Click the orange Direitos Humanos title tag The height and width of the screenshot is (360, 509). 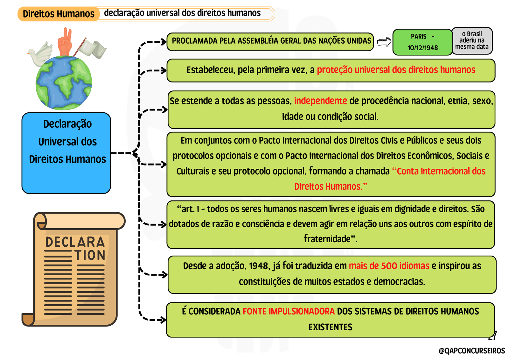59,14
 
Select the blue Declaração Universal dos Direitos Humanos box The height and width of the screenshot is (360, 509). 66,153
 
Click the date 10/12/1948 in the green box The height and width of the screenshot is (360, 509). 423,48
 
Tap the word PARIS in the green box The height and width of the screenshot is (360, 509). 419,36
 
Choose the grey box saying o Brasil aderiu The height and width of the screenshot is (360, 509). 472,41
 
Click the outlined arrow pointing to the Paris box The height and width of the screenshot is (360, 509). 384,42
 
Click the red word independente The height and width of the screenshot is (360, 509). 320,101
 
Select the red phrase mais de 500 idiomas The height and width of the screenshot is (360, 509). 389,265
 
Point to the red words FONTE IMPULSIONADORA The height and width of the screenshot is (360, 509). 289,311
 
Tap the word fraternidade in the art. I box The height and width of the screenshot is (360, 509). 327,239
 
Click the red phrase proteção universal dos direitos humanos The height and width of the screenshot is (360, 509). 396,70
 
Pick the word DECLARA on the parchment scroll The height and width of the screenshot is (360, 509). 75,242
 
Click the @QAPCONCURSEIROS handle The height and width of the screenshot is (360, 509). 472,351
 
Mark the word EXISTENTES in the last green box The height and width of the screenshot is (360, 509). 331,327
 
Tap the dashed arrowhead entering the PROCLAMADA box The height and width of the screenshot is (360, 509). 164,42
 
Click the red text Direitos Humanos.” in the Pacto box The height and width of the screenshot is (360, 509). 331,187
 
